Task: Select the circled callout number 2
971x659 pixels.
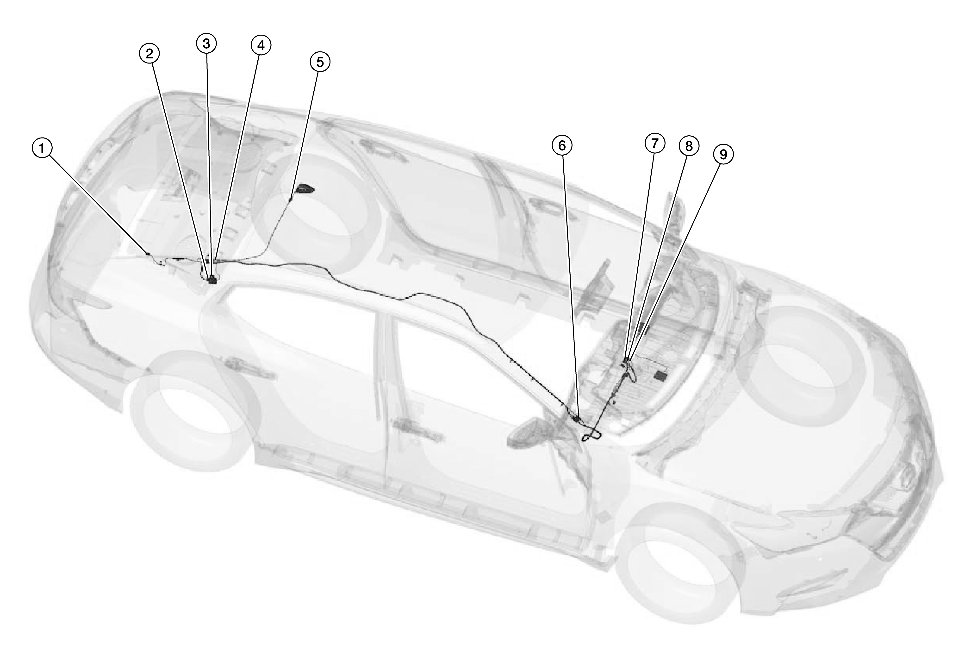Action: [149, 53]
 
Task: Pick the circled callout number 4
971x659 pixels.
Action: [261, 45]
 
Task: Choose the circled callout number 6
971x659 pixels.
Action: [562, 145]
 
